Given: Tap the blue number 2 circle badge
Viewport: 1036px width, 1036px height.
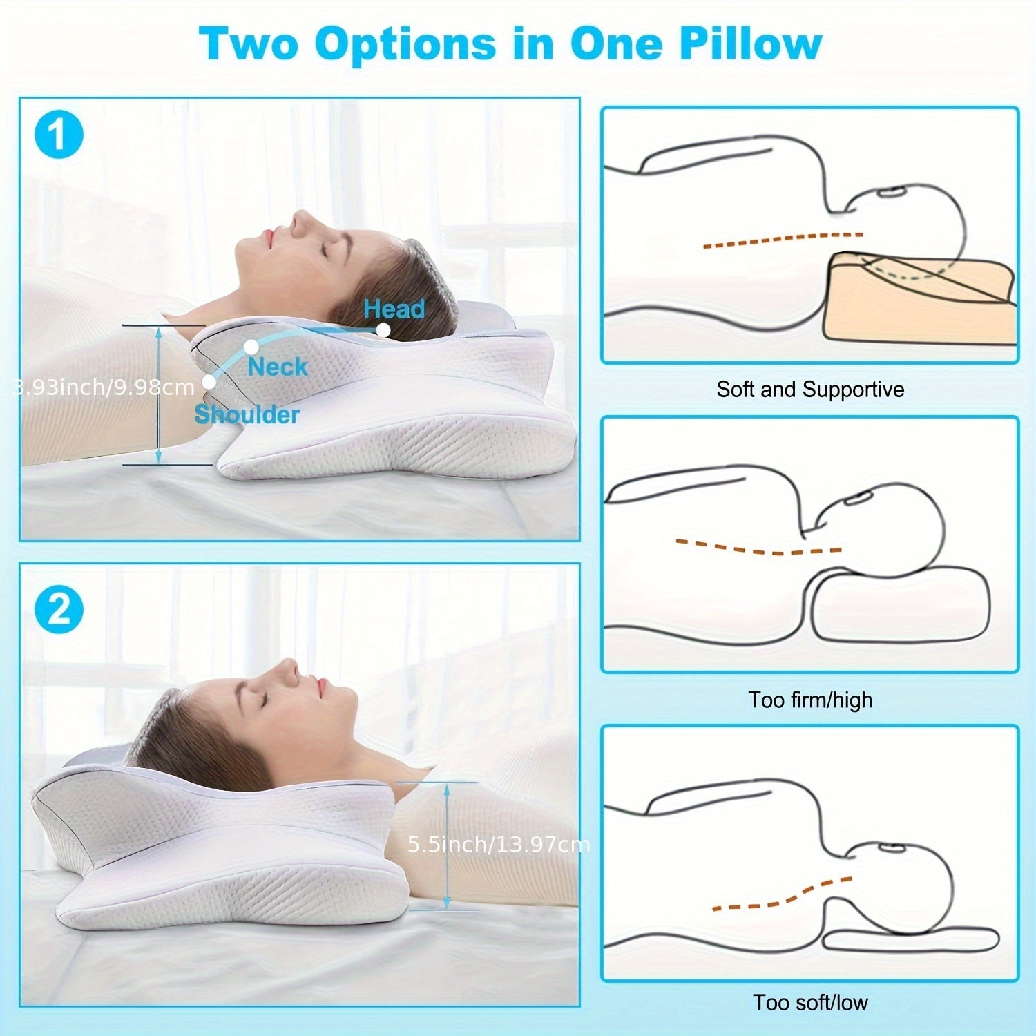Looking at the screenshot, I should [59, 609].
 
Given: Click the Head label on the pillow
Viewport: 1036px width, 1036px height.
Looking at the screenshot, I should [394, 309].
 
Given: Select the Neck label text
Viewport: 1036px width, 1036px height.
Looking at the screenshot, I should [277, 367].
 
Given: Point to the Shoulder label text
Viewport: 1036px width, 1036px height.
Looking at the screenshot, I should [247, 414].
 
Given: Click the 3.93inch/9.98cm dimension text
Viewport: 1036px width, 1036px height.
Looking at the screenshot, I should [104, 387].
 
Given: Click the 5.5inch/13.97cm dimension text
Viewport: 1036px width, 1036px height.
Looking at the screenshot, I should [498, 844].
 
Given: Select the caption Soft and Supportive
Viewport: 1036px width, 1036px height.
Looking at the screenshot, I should [809, 390].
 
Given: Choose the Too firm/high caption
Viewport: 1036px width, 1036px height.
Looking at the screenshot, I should [810, 700].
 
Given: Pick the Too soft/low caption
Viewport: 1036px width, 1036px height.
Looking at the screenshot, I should [810, 1002].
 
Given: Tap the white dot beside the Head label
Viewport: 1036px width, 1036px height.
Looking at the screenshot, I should [383, 330].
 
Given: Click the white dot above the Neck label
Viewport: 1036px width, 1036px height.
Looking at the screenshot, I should [251, 346].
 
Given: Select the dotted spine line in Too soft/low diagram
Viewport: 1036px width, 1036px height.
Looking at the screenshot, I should [780, 895].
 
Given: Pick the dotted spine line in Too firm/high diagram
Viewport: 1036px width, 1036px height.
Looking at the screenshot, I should [758, 548].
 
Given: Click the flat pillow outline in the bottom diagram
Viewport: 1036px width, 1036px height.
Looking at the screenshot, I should [912, 940].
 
